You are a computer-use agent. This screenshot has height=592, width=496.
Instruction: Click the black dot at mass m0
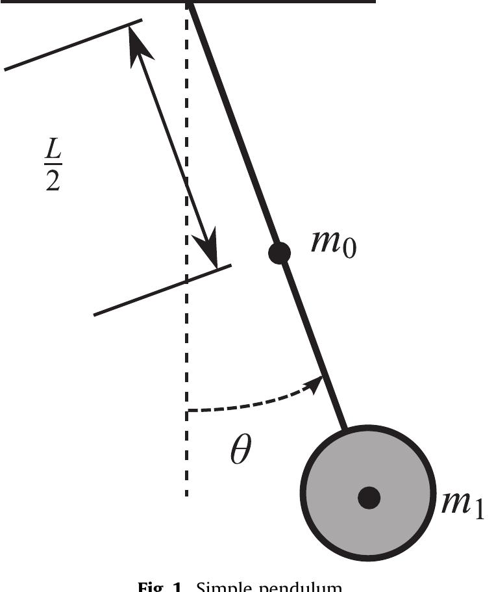click(x=279, y=253)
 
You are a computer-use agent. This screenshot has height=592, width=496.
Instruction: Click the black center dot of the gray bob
click(x=369, y=498)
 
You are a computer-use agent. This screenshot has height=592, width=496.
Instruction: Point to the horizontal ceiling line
click(x=292, y=2)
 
